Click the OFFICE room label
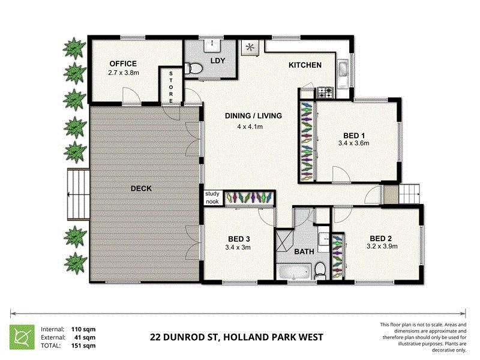click(x=123, y=64)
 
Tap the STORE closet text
click(x=171, y=88)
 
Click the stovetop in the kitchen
click(x=325, y=92)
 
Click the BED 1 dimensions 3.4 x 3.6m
click(x=353, y=143)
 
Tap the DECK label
click(x=142, y=188)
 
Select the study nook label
click(x=212, y=197)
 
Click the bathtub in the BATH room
click(x=293, y=273)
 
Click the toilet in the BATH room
click(x=321, y=270)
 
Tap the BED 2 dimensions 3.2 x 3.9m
click(x=382, y=245)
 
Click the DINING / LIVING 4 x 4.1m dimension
click(x=250, y=127)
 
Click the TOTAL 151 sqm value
click(x=84, y=346)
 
